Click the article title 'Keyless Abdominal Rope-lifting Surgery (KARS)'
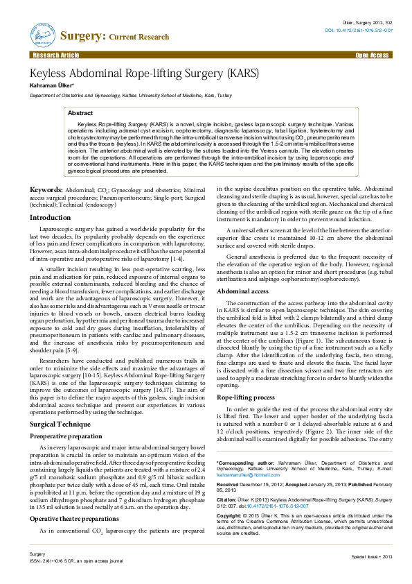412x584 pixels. pos(143,73)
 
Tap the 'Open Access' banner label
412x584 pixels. pos(372,54)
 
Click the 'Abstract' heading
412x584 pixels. pos(80,112)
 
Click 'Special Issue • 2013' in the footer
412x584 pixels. pos(372,576)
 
